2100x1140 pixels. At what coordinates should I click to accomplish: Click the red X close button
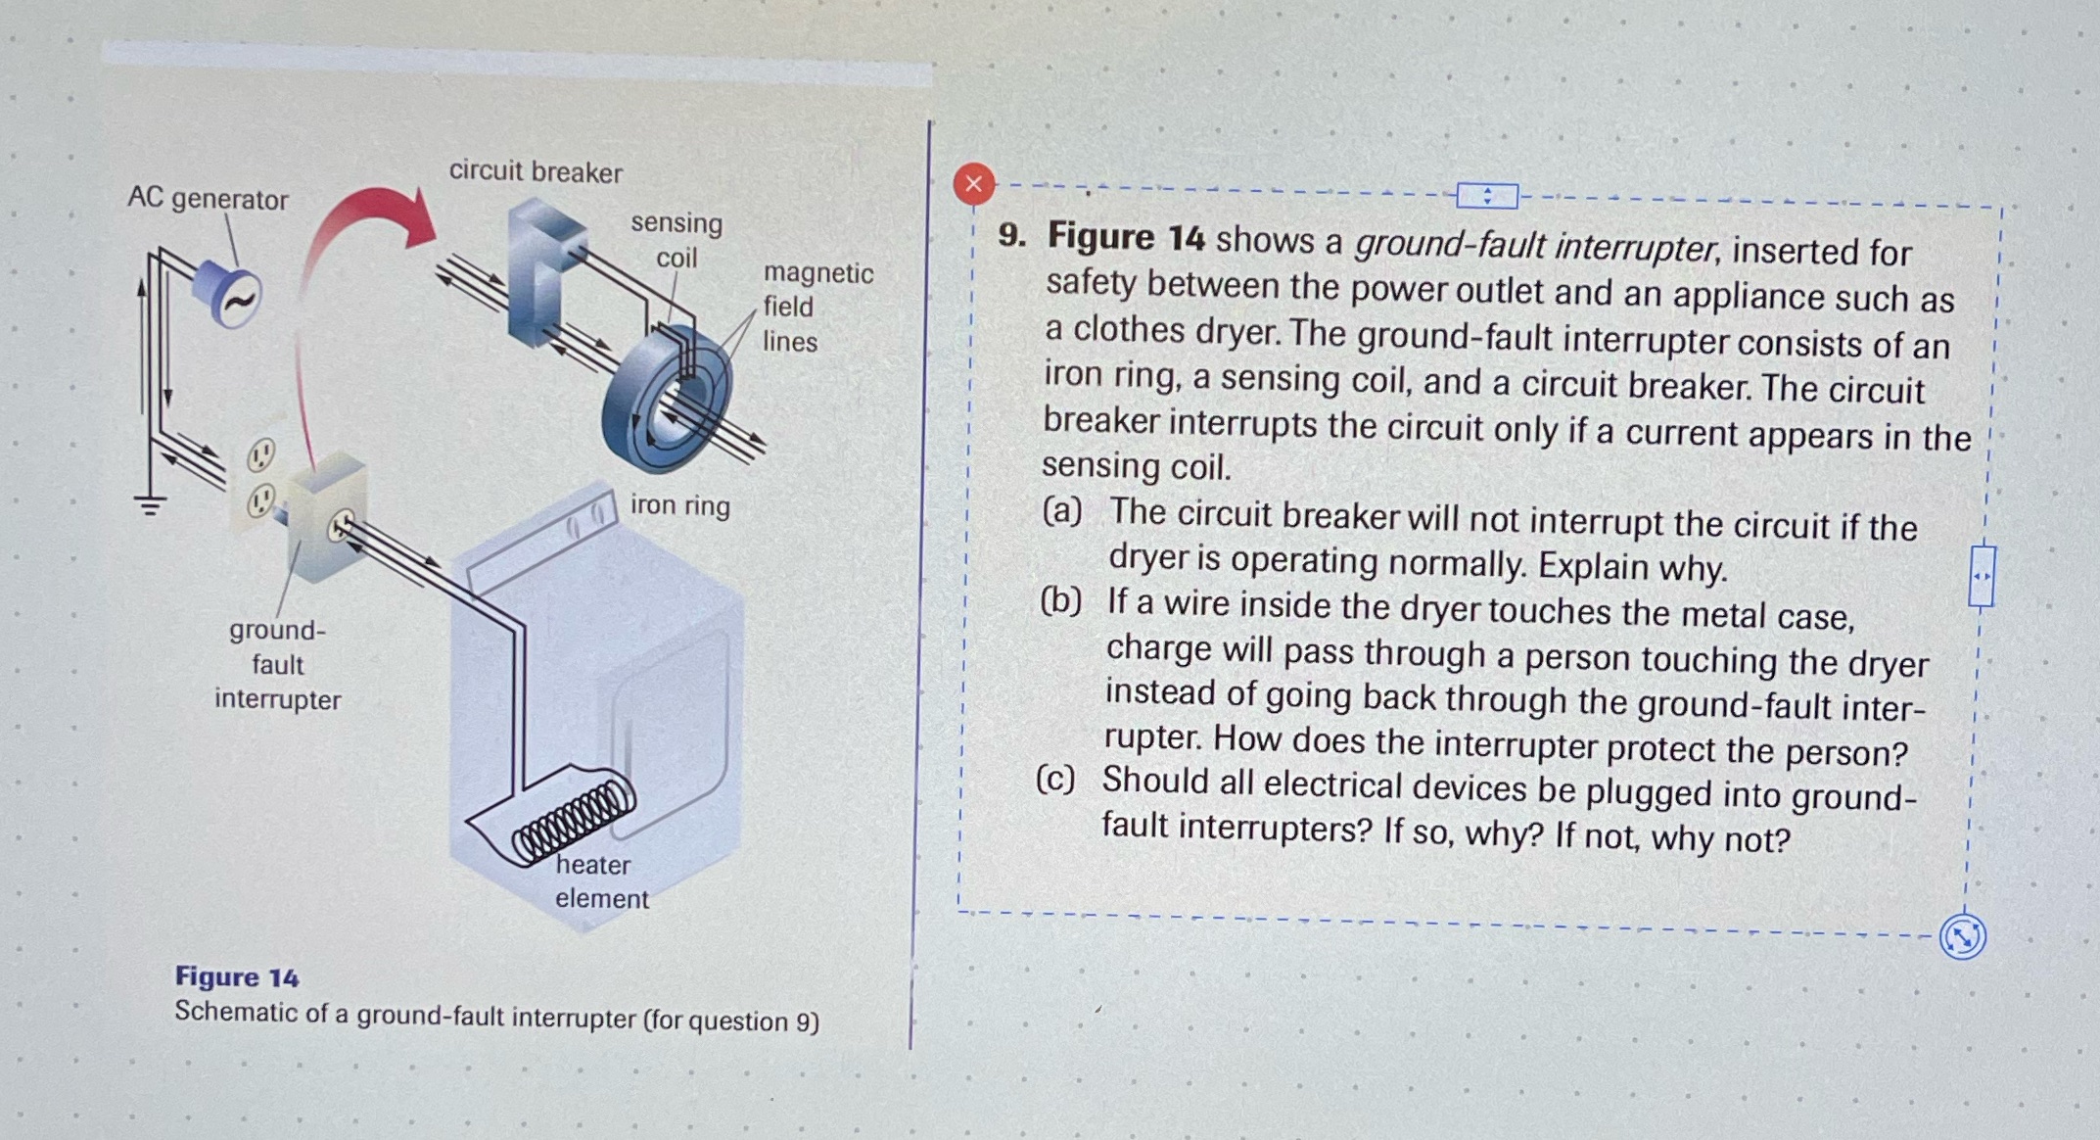coord(973,184)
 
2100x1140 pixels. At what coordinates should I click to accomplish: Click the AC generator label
coord(208,199)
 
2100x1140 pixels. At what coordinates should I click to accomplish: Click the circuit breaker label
coord(536,172)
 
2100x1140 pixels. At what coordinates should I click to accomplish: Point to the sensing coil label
coord(677,240)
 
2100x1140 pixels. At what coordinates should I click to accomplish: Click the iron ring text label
coord(679,505)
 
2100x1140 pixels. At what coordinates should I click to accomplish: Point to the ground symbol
coord(150,505)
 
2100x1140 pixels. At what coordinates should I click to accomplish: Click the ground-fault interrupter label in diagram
coord(277,665)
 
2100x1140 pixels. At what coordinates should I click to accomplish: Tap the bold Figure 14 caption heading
coord(237,976)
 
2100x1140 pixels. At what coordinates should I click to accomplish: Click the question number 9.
coord(1011,235)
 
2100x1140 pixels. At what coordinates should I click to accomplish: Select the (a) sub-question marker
coord(1062,510)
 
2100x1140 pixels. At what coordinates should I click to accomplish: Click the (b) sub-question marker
coord(1060,600)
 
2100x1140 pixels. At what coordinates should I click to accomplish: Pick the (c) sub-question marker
coord(1055,780)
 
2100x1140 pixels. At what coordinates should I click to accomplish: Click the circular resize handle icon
coord(1962,936)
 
